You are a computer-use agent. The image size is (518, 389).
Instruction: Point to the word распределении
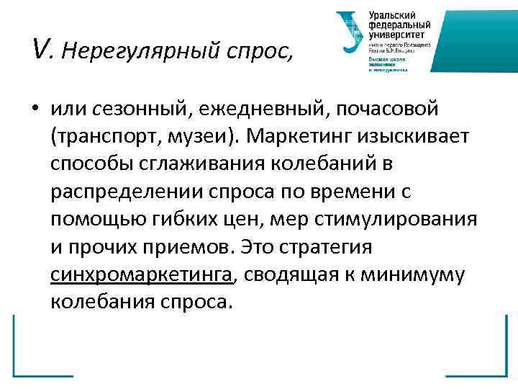[124, 192]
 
